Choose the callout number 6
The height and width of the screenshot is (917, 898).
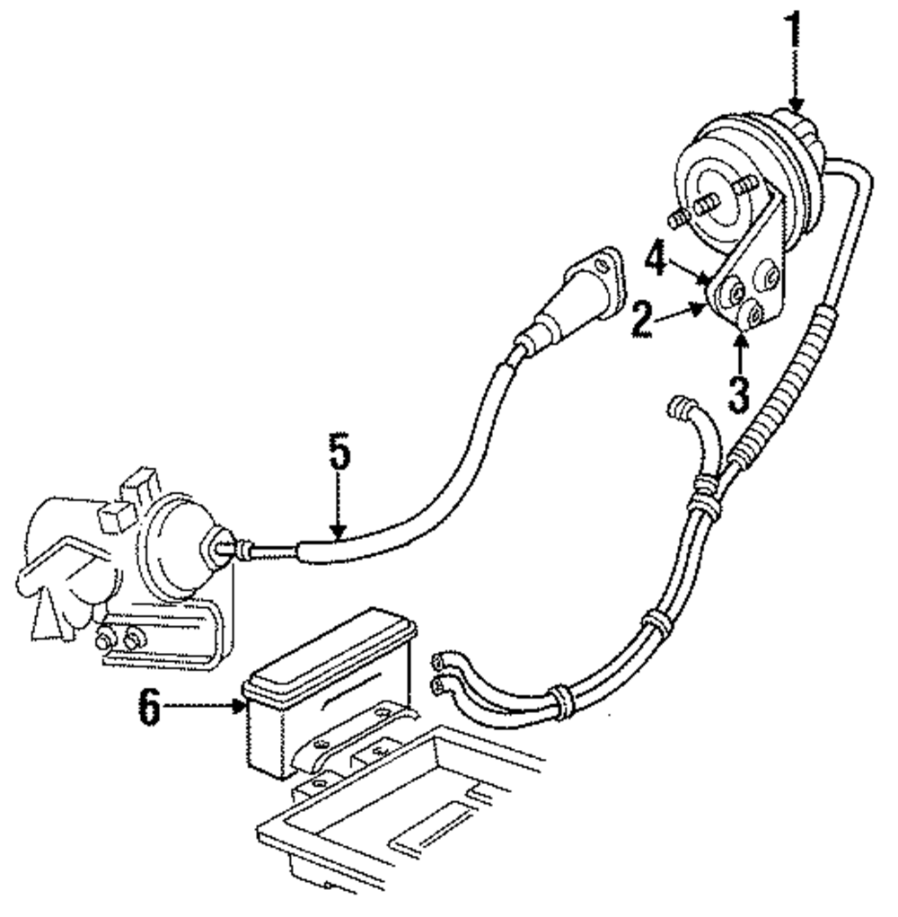[149, 708]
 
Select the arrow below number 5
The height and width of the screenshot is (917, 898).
[338, 512]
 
